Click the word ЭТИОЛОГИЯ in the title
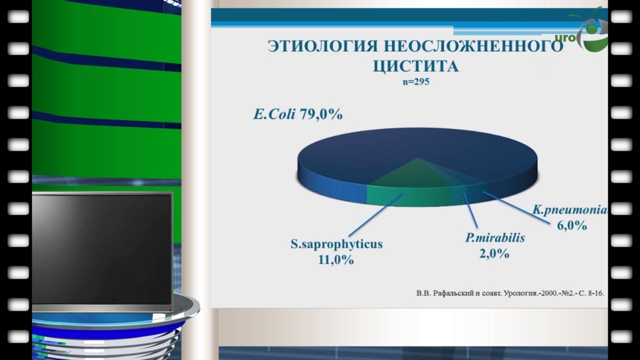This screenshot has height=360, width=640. click(x=323, y=46)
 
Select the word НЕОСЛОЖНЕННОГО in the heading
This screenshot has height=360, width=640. click(x=474, y=46)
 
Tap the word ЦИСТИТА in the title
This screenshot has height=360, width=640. click(x=416, y=66)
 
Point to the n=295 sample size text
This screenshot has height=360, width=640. click(x=416, y=82)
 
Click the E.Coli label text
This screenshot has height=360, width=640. click(x=274, y=114)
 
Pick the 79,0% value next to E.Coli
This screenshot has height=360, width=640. click(x=321, y=114)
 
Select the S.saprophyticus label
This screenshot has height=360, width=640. click(x=336, y=244)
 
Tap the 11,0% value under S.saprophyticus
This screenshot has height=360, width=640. click(x=336, y=259)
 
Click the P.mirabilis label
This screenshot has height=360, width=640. click(x=495, y=237)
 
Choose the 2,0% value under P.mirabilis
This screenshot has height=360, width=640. click(x=494, y=254)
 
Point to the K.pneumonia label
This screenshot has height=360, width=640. click(x=570, y=210)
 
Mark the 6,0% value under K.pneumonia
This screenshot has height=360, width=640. click(x=572, y=225)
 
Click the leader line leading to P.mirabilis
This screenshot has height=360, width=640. click(x=470, y=210)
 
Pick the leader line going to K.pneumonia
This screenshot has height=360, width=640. click(x=516, y=207)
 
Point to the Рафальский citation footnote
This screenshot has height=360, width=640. click(x=510, y=293)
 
